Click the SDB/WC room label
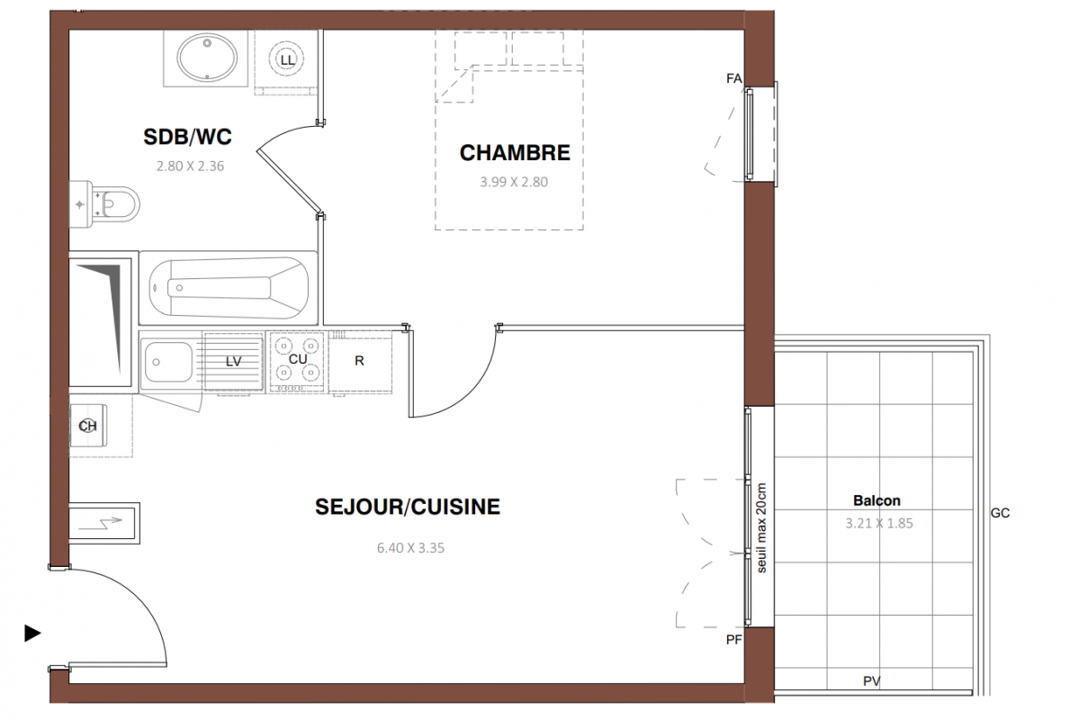coord(187,137)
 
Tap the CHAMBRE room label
coord(515,153)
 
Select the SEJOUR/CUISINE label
coord(408,507)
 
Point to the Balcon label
coord(877,501)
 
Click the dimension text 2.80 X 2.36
coord(191,166)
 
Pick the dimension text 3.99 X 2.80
coord(514,182)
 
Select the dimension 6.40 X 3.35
coord(410,548)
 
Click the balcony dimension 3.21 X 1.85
coord(879,524)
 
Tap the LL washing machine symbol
coord(288,60)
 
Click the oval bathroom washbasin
coord(207,58)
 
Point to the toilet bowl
coord(116,204)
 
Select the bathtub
coord(229,288)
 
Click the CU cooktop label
coord(298,359)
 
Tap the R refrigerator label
coord(360,361)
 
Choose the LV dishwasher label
coord(233,362)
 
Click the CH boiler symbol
coord(88,427)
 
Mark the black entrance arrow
coord(32,634)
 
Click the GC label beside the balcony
coord(1000,513)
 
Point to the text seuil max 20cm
coord(761,528)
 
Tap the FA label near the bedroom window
coord(733,79)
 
